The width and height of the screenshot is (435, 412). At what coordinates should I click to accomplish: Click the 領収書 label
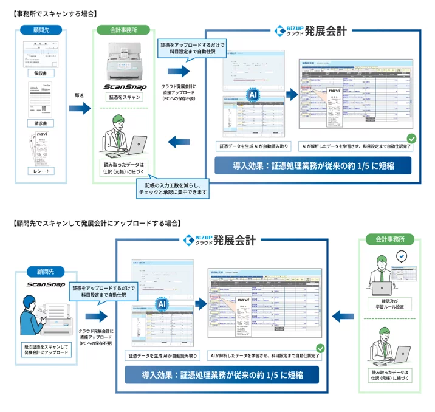tap(41, 74)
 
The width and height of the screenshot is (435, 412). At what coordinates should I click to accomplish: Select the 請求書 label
tap(41, 123)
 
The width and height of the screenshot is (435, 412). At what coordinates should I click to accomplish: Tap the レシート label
tap(41, 171)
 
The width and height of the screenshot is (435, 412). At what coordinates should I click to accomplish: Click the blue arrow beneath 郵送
tap(79, 109)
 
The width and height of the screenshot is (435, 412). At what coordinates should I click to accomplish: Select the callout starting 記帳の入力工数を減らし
tap(176, 187)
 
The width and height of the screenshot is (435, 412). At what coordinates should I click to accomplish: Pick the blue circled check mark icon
tap(400, 256)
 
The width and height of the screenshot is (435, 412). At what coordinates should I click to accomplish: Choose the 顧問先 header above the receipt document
tap(41, 30)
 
